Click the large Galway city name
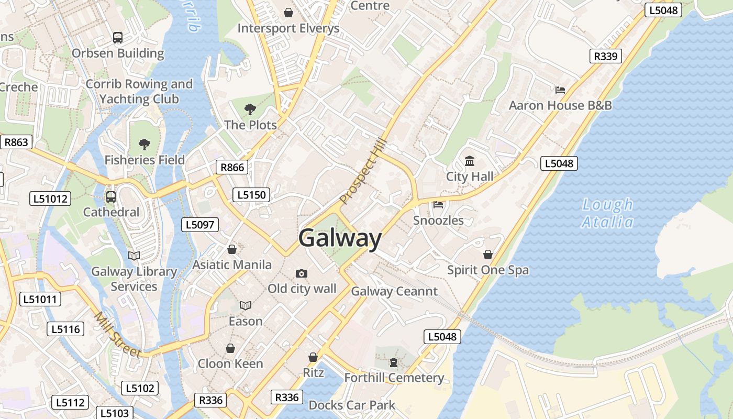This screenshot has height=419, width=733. pyautogui.click(x=340, y=238)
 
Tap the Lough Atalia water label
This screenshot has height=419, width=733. pyautogui.click(x=607, y=213)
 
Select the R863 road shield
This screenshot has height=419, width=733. pyautogui.click(x=16, y=142)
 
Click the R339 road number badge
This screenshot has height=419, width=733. pyautogui.click(x=606, y=56)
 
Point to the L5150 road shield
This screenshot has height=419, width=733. pyautogui.click(x=251, y=195)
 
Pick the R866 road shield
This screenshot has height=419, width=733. pyautogui.click(x=232, y=167)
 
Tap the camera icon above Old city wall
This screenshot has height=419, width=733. pyautogui.click(x=302, y=273)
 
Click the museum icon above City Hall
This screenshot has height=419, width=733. pyautogui.click(x=470, y=161)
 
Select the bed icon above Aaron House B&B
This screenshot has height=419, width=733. pyautogui.click(x=560, y=90)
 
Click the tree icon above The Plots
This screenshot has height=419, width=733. pyautogui.click(x=250, y=109)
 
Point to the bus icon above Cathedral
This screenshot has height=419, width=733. pyautogui.click(x=111, y=197)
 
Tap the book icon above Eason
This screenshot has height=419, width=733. pyautogui.click(x=246, y=305)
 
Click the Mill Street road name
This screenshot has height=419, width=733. pyautogui.click(x=118, y=335)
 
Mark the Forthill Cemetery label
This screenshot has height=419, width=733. pyautogui.click(x=394, y=378)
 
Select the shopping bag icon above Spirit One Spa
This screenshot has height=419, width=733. pyautogui.click(x=488, y=255)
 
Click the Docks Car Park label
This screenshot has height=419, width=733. pyautogui.click(x=352, y=405)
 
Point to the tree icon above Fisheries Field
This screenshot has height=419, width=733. pyautogui.click(x=145, y=144)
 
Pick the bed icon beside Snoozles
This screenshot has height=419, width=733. pyautogui.click(x=438, y=204)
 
